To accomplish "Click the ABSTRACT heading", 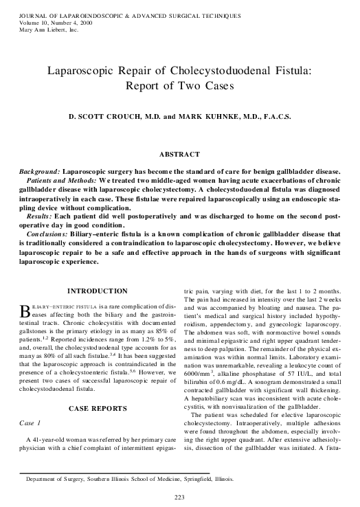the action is (x=179, y=154).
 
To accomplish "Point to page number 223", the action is (x=180, y=497).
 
